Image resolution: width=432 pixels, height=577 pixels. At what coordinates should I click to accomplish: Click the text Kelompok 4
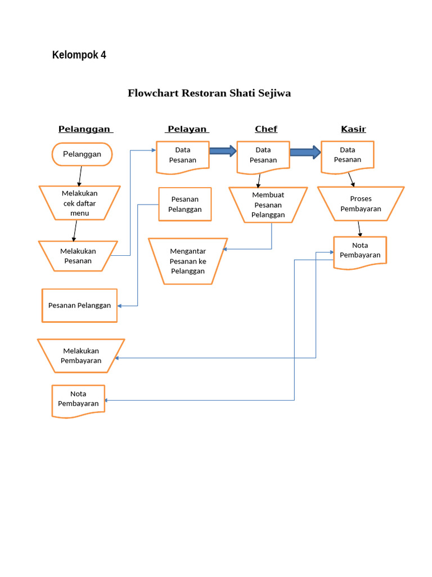click(79, 55)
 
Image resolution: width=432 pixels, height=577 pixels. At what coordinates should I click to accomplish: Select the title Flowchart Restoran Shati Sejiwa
click(209, 94)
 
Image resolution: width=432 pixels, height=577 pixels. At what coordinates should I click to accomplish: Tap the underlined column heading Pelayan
click(187, 129)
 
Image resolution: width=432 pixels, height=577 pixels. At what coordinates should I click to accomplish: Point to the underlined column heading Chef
click(265, 129)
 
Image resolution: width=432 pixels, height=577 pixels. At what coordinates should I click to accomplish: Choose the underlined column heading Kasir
click(353, 129)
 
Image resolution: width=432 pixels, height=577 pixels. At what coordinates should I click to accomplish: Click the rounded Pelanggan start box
click(82, 154)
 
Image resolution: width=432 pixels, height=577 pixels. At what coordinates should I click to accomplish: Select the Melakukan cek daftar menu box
click(79, 203)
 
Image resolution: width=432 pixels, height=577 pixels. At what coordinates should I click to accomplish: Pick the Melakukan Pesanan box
click(78, 256)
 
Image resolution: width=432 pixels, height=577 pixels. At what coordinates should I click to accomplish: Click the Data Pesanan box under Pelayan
click(183, 155)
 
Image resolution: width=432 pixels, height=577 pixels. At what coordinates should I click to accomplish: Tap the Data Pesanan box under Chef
click(263, 155)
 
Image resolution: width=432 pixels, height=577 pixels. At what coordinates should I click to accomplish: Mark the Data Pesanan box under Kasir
click(348, 155)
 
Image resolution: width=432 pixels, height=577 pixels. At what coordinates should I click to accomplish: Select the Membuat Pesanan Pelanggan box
click(268, 205)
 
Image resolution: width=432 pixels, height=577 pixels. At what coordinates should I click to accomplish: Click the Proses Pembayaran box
click(361, 203)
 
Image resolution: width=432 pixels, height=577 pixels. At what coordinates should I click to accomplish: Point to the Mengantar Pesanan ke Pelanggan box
click(188, 261)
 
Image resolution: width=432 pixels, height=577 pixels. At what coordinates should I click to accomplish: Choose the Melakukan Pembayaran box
click(81, 356)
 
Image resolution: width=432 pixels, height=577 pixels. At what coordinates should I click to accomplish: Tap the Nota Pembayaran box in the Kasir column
click(360, 251)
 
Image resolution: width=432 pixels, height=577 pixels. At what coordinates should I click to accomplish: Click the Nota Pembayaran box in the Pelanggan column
click(78, 400)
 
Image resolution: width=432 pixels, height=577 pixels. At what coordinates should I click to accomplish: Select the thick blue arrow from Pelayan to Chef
click(223, 150)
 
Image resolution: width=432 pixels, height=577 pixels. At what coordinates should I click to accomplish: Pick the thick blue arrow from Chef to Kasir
click(305, 152)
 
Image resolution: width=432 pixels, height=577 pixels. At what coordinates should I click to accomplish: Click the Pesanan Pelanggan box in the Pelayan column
click(185, 204)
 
